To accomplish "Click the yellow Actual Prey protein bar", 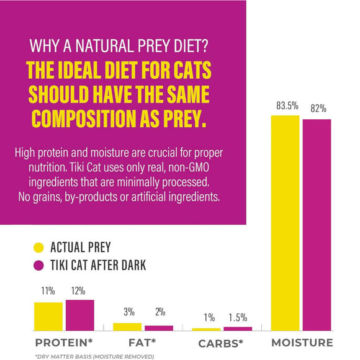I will (x=48, y=316).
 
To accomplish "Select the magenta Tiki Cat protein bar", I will (x=79, y=315).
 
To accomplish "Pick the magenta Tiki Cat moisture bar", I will (x=317, y=224).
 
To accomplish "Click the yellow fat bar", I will (x=127, y=326).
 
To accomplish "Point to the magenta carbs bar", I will (x=238, y=328).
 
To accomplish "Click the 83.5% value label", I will (x=285, y=106).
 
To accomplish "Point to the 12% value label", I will (x=78, y=290).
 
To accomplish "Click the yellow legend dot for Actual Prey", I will (x=39, y=248).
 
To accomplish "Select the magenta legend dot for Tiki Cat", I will (x=39, y=266).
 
